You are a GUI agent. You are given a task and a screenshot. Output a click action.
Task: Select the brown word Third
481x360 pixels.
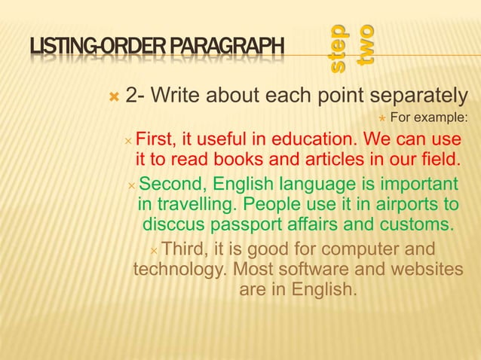(186, 249)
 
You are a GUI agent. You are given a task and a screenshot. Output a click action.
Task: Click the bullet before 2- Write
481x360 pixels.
(114, 97)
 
